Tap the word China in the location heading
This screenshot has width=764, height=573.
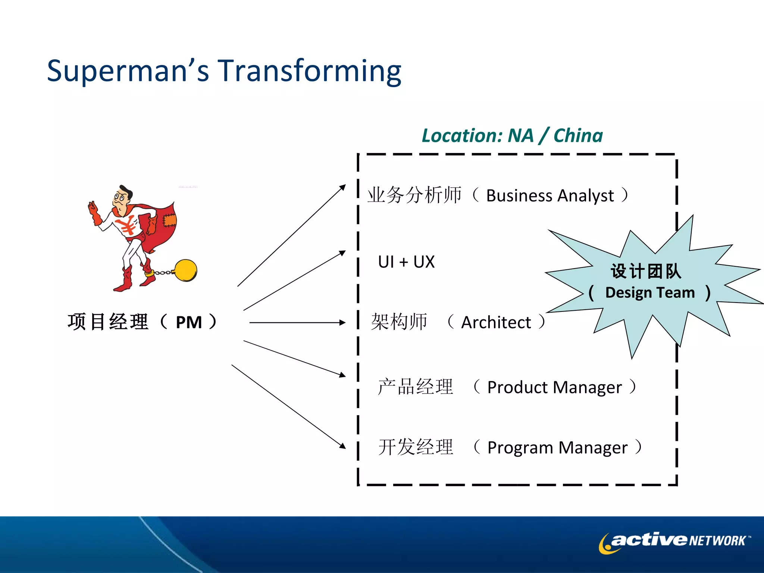coord(578,135)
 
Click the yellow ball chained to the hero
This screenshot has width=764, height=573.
coord(185,270)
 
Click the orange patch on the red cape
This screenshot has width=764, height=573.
coord(169,220)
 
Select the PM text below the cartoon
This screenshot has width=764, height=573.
coord(189,322)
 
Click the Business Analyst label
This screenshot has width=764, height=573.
coord(550,195)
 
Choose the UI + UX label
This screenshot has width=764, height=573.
coord(406,262)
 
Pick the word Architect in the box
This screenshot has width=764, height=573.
coord(496,322)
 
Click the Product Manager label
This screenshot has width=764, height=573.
coord(554,387)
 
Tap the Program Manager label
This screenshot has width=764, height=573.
coord(557,447)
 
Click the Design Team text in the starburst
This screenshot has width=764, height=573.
coord(650,292)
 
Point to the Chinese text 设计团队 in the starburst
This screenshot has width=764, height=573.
coord(646,271)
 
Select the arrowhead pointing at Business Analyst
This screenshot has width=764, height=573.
coord(342,188)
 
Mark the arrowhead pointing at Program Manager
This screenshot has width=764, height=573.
coord(342,445)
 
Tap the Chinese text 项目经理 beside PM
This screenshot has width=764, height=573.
coord(108,322)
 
